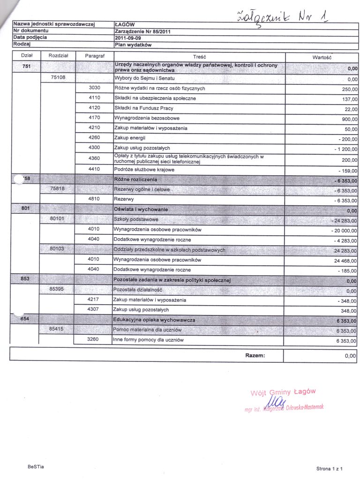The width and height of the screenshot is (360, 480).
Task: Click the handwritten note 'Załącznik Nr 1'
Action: tap(281, 17)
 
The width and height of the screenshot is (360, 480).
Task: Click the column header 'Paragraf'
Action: tap(94, 56)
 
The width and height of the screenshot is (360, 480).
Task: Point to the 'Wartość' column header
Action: tap(322, 56)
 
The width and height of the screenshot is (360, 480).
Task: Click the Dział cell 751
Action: tap(26, 67)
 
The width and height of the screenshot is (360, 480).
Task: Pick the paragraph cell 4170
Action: tap(94, 118)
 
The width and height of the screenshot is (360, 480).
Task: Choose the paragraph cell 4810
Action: tap(94, 199)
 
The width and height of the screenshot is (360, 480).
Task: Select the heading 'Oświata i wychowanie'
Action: tap(141, 209)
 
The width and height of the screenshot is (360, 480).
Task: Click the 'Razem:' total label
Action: tap(255, 355)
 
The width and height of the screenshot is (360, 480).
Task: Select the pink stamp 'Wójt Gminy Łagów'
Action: tap(283, 392)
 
